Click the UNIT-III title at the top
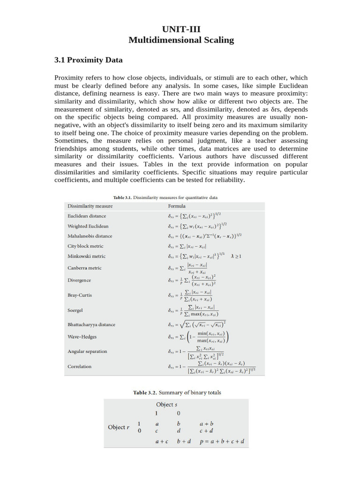pos(181,30)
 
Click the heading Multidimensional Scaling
pos(181,40)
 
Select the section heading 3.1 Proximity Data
pos(89,60)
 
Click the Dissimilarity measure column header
pos(90,206)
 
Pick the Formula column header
pos(177,206)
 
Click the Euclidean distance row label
pos(87,216)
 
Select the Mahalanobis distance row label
pos(90,236)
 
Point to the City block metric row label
pos(85,246)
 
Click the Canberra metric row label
pos(84,268)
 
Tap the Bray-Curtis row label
pos(80,296)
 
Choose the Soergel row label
pos(76,310)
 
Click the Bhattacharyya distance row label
pos(91,324)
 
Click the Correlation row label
pos(80,367)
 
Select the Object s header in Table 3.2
pos(166,404)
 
